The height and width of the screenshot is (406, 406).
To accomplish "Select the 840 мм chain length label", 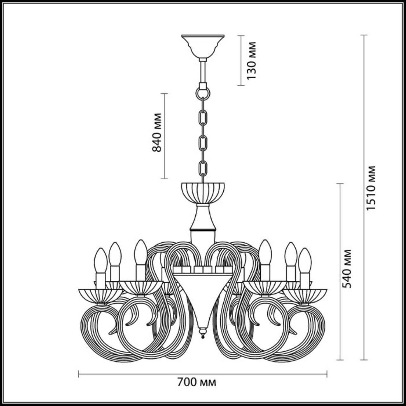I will pyautogui.click(x=157, y=132).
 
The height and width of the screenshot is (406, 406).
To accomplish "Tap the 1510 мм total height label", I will pyautogui.click(x=370, y=188).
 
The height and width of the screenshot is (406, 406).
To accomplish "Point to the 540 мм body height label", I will pyautogui.click(x=348, y=268).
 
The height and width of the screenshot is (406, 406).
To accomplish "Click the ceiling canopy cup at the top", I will pyautogui.click(x=203, y=44).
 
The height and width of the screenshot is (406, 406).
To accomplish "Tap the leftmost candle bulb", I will pyautogui.click(x=101, y=260).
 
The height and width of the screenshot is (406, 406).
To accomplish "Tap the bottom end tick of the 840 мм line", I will pyautogui.click(x=164, y=178).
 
